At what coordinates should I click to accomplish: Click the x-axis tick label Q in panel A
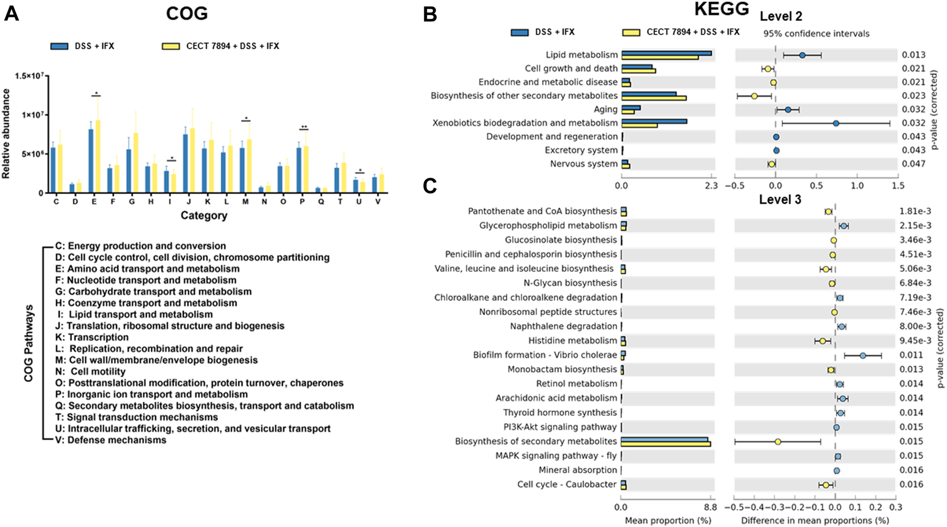coord(321,202)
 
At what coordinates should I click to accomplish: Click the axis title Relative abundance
coord(6,134)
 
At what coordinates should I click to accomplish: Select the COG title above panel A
coord(187,13)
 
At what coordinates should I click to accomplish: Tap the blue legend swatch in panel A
coord(59,46)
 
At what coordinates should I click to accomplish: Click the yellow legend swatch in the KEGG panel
coord(631,32)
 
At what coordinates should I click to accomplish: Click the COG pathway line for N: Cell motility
coord(91,371)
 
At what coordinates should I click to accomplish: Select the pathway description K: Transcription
coord(92,337)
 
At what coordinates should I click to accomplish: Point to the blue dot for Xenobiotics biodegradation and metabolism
coord(836,123)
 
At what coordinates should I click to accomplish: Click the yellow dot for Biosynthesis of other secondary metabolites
coord(754,96)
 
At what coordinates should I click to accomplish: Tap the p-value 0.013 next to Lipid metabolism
coord(913,55)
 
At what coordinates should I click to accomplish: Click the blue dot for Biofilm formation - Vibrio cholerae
coord(863,355)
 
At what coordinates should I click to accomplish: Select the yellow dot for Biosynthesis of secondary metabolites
coord(778,441)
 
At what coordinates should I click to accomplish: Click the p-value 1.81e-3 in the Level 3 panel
coord(915,211)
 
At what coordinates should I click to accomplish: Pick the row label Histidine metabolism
coord(572,340)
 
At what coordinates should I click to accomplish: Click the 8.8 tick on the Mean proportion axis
coord(710,507)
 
